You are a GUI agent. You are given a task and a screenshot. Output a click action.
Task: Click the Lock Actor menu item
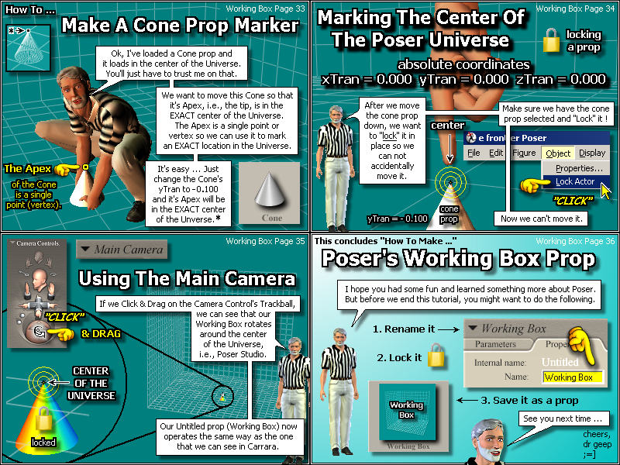[575, 181]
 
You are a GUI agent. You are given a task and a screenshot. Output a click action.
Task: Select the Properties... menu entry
[579, 168]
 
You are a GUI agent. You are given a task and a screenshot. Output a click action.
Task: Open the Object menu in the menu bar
[558, 153]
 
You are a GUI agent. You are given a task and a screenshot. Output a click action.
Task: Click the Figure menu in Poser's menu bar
[525, 153]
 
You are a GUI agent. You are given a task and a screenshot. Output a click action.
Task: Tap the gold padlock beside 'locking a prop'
[551, 40]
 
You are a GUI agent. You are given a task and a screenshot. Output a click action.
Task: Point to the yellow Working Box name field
[573, 377]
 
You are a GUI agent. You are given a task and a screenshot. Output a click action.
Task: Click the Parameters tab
[495, 344]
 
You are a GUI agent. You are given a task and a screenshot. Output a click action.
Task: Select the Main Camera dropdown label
[122, 250]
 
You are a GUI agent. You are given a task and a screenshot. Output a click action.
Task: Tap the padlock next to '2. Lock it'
[436, 355]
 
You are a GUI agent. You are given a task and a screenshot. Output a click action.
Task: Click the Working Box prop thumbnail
[408, 416]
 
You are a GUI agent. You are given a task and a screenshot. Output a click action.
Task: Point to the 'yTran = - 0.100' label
[398, 219]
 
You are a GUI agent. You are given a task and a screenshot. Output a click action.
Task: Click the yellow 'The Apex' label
[27, 169]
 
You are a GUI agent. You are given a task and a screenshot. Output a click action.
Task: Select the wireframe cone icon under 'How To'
[28, 48]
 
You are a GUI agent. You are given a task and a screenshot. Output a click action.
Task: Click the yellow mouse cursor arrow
[606, 191]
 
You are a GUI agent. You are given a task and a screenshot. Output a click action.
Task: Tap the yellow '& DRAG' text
[101, 334]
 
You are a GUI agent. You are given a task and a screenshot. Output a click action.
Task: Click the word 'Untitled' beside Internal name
[560, 362]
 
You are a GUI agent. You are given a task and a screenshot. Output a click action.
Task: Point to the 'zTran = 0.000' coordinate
[560, 79]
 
